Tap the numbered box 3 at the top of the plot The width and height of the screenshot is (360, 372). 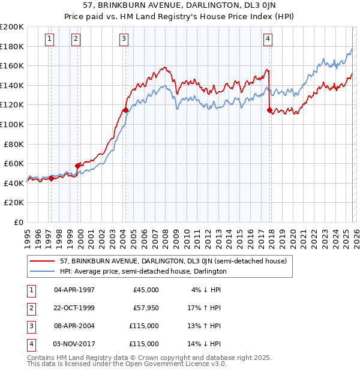[124, 40]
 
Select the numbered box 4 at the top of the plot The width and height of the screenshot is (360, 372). [268, 40]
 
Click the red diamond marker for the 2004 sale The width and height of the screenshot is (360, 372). [125, 110]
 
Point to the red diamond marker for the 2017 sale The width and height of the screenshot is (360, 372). [269, 110]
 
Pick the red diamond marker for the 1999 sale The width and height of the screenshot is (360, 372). [78, 166]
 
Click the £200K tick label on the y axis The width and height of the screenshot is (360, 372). [12, 27]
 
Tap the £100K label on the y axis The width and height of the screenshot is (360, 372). [12, 124]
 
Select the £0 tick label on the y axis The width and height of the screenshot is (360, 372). [18, 222]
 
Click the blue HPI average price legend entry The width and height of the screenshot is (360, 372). [143, 271]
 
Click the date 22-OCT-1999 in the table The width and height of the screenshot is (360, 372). [74, 308]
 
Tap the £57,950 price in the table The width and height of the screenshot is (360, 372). [146, 308]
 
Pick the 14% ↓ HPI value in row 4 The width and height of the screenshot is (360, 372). [206, 344]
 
